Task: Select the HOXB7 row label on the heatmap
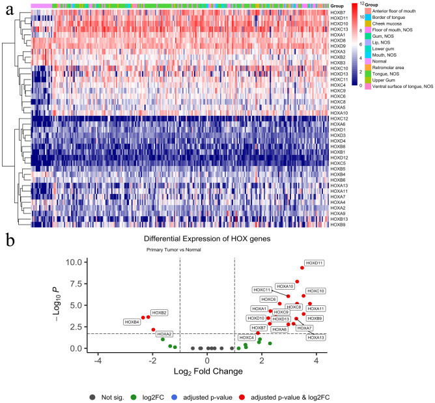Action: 338,13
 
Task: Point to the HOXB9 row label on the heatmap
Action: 338,225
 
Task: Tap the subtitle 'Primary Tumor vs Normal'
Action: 170,249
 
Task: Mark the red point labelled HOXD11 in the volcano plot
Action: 302,268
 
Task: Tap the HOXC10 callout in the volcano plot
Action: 315,290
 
